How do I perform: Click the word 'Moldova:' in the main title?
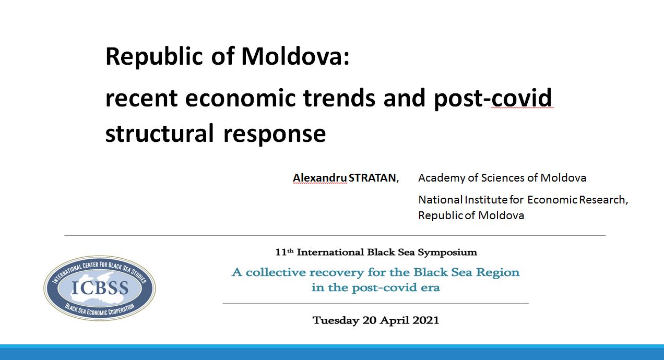point(295,56)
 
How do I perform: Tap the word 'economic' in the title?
point(241,98)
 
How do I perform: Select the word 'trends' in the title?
point(339,98)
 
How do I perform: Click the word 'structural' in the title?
point(160,134)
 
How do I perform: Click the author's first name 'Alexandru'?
point(320,178)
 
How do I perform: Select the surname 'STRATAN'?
point(372,178)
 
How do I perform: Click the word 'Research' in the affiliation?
point(602,200)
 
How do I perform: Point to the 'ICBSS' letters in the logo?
point(100,287)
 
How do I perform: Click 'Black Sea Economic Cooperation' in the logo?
point(100,310)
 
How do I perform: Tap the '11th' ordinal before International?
point(284,252)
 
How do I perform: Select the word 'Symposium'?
point(447,253)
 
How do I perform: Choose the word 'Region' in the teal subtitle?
point(497,272)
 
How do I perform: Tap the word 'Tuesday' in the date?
point(336,320)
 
